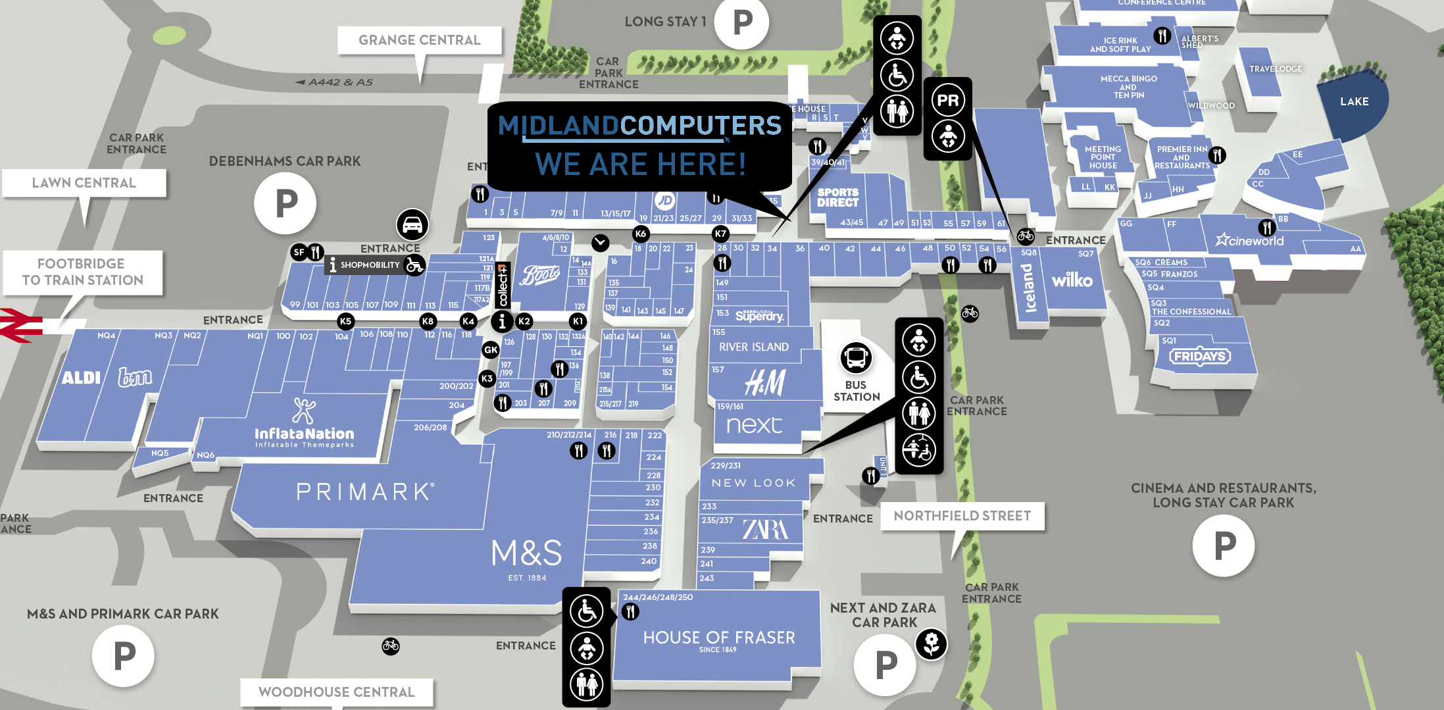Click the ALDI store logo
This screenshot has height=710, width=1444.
pyautogui.click(x=81, y=378)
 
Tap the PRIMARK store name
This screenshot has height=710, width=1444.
pyautogui.click(x=365, y=492)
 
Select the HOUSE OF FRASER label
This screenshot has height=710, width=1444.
pyautogui.click(x=719, y=638)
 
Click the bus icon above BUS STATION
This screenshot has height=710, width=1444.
pyautogui.click(x=856, y=358)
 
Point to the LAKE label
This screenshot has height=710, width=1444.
pyautogui.click(x=1354, y=101)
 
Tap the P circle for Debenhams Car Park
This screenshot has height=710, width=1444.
pyautogui.click(x=286, y=203)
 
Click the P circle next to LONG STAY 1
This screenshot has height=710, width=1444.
pyautogui.click(x=742, y=23)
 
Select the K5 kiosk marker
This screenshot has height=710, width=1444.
pyautogui.click(x=345, y=321)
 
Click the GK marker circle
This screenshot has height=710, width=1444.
pyautogui.click(x=491, y=349)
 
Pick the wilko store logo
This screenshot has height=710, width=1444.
pyautogui.click(x=1072, y=281)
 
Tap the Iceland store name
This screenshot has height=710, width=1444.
pyautogui.click(x=1028, y=288)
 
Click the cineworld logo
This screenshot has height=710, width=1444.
pyautogui.click(x=1249, y=240)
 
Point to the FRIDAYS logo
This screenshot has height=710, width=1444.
pyautogui.click(x=1199, y=357)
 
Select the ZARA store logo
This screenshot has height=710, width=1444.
pyautogui.click(x=764, y=529)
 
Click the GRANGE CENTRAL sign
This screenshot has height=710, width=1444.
pyautogui.click(x=419, y=40)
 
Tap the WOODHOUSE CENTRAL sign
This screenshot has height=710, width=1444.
pyautogui.click(x=336, y=692)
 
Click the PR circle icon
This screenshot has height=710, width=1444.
pyautogui.click(x=947, y=101)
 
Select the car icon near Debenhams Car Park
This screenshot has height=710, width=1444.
pyautogui.click(x=412, y=225)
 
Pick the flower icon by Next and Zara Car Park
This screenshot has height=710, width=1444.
pyautogui.click(x=931, y=643)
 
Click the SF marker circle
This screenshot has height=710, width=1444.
pyautogui.click(x=299, y=252)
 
